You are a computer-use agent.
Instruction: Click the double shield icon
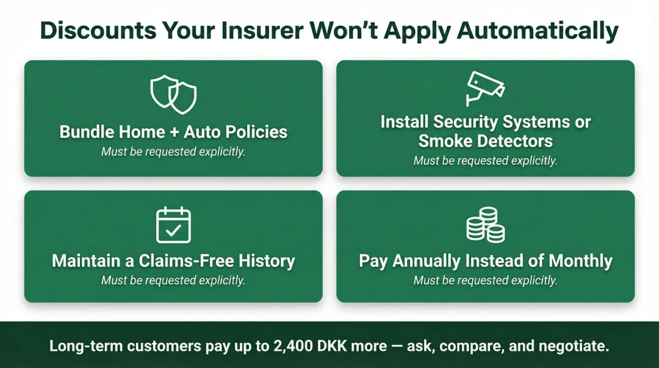[173, 95]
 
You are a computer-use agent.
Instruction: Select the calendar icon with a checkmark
[173, 225]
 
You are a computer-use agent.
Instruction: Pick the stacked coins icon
[485, 225]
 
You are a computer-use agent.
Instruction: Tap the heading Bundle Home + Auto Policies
[173, 132]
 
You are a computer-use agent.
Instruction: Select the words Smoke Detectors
[485, 141]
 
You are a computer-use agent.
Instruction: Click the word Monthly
[580, 261]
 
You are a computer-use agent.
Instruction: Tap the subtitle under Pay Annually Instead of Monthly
[485, 281]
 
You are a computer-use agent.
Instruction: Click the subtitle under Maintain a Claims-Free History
[173, 281]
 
